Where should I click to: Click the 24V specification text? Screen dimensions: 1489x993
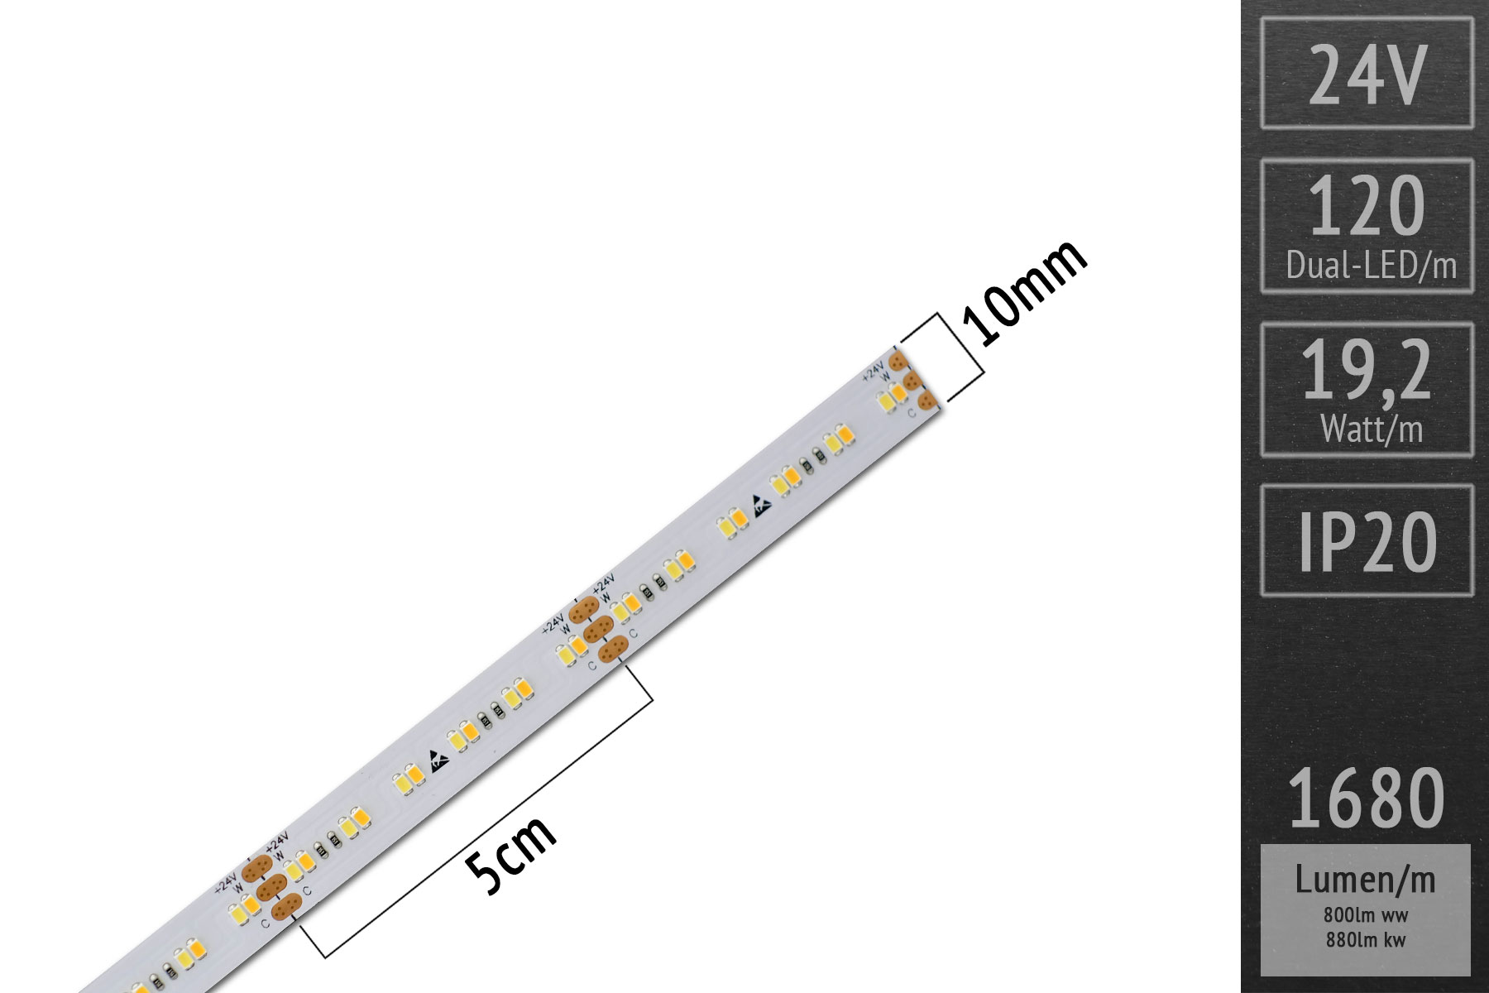[1367, 74]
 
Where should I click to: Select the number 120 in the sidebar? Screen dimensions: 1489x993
[1367, 207]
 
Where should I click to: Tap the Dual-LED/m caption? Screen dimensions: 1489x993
[1371, 266]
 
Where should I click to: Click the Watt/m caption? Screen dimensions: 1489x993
[1371, 429]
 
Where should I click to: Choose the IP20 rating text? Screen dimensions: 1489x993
[1367, 542]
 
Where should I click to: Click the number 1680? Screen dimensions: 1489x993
[1367, 799]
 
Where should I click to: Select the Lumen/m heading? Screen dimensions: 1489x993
[1365, 880]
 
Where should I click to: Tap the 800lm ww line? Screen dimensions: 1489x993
[1365, 916]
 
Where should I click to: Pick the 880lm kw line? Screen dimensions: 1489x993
[1365, 939]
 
